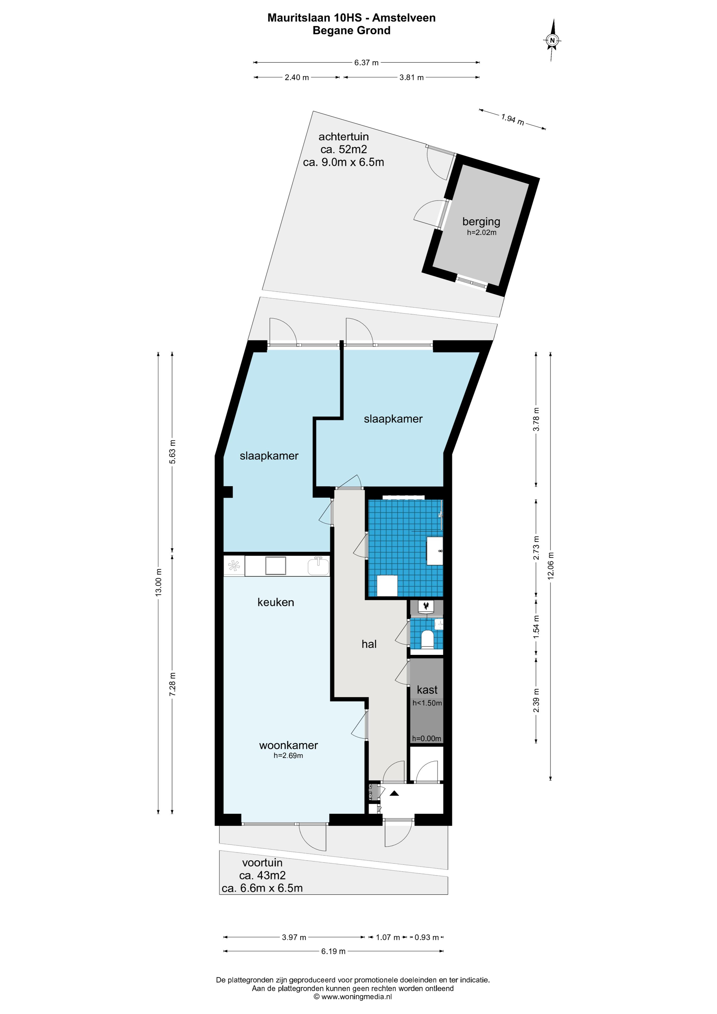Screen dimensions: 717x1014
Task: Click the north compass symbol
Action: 552,40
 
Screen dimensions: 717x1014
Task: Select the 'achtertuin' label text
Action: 344,137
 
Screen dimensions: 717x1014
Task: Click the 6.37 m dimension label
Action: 366,62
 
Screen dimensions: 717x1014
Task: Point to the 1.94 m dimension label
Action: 512,119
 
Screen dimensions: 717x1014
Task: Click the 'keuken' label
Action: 276,602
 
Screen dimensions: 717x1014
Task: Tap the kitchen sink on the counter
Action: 318,566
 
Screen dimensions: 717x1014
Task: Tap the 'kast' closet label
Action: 427,689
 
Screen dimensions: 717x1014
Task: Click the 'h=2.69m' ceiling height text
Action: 288,756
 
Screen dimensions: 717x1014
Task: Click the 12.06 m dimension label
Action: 550,566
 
